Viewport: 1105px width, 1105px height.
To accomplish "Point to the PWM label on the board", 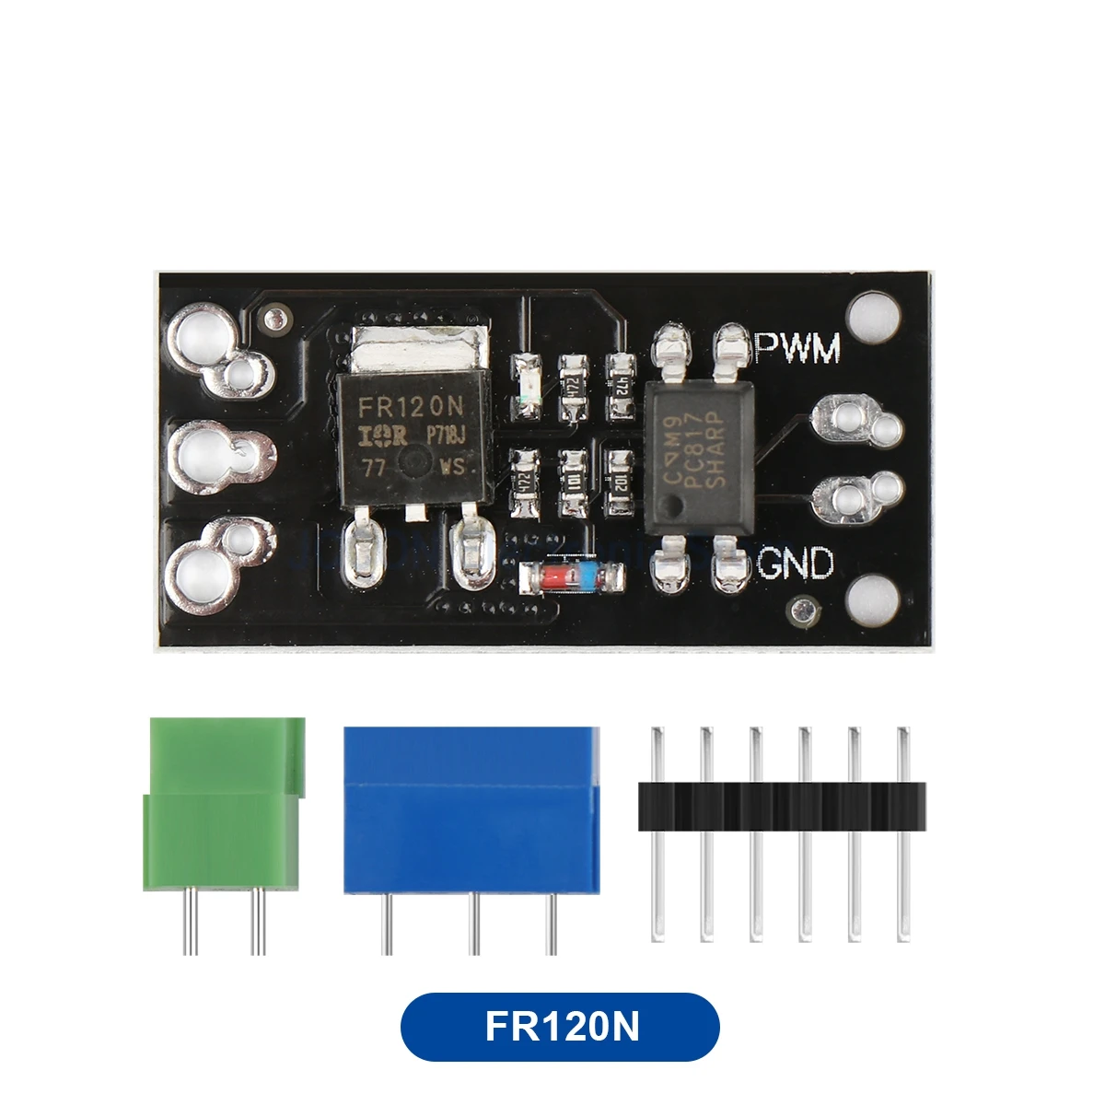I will coord(797,348).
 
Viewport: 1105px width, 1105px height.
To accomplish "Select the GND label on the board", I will coord(796,563).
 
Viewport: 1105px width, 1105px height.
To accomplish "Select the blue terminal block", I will coord(471,810).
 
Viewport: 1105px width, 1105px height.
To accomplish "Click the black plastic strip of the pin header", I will coord(781,807).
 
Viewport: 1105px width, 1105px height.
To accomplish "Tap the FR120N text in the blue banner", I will coord(560,1027).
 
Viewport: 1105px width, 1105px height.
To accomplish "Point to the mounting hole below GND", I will coord(872,599).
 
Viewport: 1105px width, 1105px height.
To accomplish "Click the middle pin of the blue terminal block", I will coord(473,925).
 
